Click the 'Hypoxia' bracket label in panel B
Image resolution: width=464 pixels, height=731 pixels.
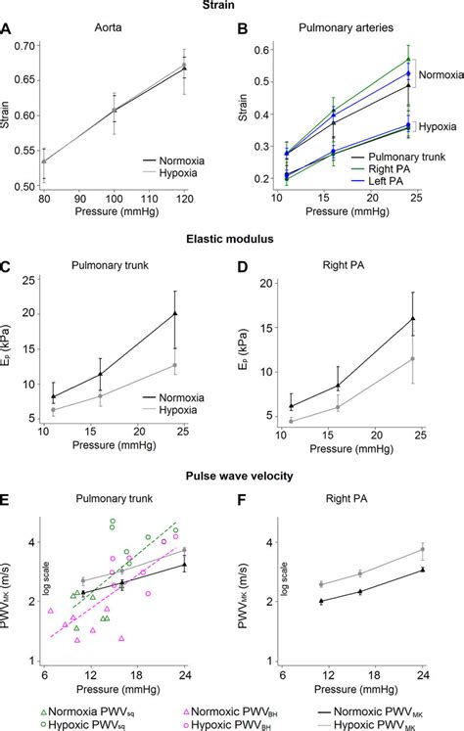click(434, 126)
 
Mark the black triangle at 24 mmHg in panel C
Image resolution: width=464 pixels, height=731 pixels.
click(174, 314)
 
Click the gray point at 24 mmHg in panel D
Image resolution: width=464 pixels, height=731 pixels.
click(413, 359)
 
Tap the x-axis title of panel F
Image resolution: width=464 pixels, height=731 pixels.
click(348, 688)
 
